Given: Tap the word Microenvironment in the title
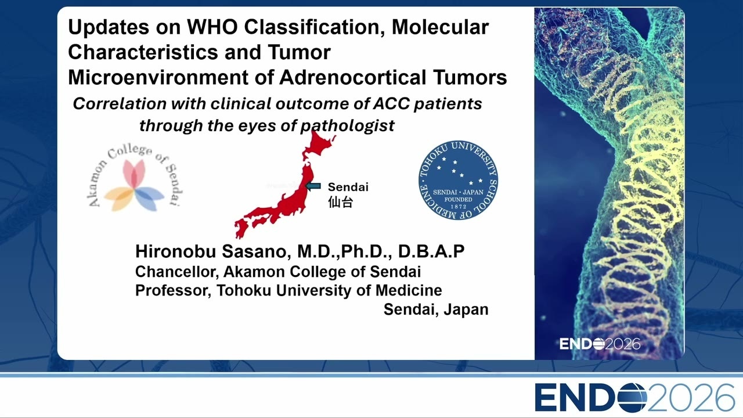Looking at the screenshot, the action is pyautogui.click(x=158, y=78).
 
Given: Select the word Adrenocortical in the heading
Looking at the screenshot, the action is pyautogui.click(x=352, y=78).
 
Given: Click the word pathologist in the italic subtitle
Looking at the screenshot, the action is pyautogui.click(x=347, y=126).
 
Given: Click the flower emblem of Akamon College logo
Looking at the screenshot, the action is pyautogui.click(x=134, y=185).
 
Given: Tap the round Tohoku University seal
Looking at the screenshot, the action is pyautogui.click(x=458, y=180).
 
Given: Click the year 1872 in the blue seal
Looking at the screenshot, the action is pyautogui.click(x=459, y=207).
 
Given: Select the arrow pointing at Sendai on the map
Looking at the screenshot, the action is pyautogui.click(x=313, y=186).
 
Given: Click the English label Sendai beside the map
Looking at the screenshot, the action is pyautogui.click(x=348, y=187).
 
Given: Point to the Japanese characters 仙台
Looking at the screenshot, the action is pyautogui.click(x=340, y=202).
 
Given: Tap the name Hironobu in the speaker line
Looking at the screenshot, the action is pyautogui.click(x=175, y=251).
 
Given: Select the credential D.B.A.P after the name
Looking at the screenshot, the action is pyautogui.click(x=431, y=251).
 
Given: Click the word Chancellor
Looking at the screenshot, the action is pyautogui.click(x=177, y=272).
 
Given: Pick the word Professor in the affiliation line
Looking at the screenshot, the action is pyautogui.click(x=173, y=291).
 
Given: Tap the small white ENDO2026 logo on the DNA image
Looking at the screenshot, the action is pyautogui.click(x=600, y=344).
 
